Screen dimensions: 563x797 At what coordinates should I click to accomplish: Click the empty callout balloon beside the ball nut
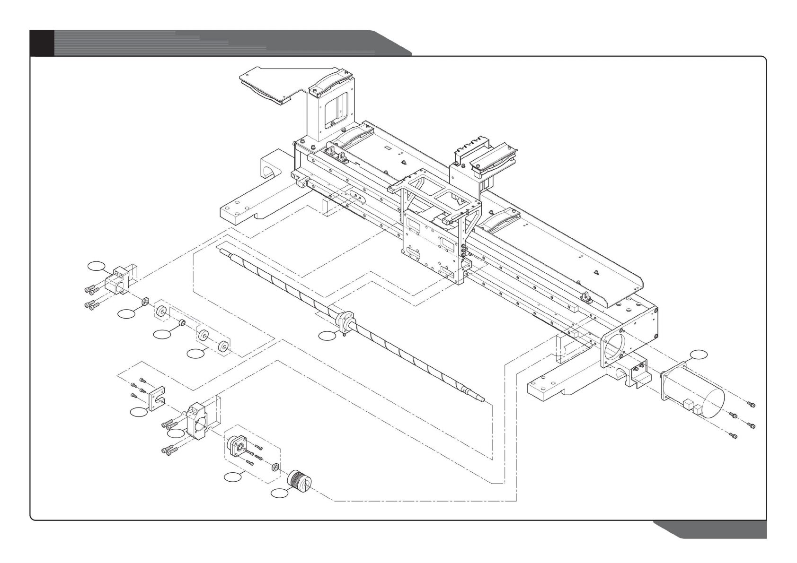pos(327,336)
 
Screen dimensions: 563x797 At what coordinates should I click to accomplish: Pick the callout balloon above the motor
pos(699,354)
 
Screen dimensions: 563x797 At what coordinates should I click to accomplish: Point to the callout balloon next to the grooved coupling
pos(279,494)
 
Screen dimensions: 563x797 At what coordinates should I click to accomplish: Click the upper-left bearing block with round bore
pos(119,282)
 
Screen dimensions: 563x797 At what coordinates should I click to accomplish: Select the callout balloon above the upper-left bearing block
pos(97,267)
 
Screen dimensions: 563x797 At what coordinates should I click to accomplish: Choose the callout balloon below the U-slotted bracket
pos(139,412)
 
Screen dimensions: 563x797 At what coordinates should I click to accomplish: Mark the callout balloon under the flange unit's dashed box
pos(233,477)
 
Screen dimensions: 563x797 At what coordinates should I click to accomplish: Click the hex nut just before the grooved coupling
pos(274,468)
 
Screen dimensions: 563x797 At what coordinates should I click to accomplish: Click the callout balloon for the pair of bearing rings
pos(195,353)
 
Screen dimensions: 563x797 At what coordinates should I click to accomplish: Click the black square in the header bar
pos(42,43)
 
